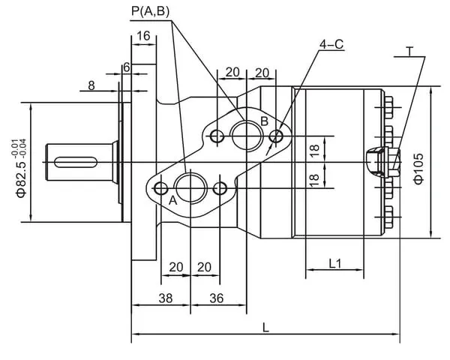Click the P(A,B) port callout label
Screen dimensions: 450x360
pyautogui.click(x=151, y=11)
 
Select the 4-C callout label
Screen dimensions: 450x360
pyautogui.click(x=331, y=44)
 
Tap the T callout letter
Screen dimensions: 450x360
pyautogui.click(x=409, y=52)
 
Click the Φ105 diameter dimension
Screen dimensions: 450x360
pyautogui.click(x=418, y=169)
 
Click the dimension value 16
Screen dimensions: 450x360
pyautogui.click(x=143, y=36)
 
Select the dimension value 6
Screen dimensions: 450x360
pyautogui.click(x=127, y=67)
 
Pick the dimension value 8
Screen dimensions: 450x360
pyautogui.click(x=91, y=85)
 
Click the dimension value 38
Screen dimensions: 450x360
pyautogui.click(x=166, y=298)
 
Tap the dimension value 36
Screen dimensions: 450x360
pyautogui.click(x=217, y=298)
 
